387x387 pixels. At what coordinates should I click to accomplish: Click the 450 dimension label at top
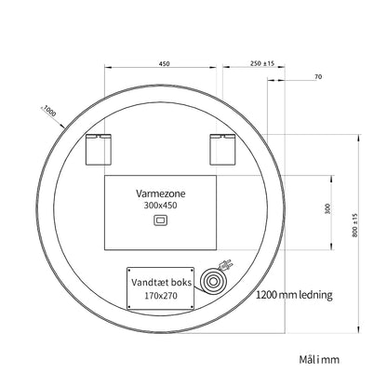click(164, 63)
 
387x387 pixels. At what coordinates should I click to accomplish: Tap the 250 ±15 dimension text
click(262, 63)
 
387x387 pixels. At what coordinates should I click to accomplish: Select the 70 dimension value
click(318, 76)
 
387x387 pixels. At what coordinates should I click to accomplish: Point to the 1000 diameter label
click(49, 111)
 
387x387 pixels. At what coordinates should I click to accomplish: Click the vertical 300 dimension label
click(327, 208)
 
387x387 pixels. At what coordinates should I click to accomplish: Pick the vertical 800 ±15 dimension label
click(354, 225)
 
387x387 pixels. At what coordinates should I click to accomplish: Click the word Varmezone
click(161, 193)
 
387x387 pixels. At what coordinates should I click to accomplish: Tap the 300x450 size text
click(160, 205)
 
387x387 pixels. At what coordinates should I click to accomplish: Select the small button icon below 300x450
click(161, 220)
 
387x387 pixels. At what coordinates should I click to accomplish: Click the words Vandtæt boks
click(161, 282)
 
